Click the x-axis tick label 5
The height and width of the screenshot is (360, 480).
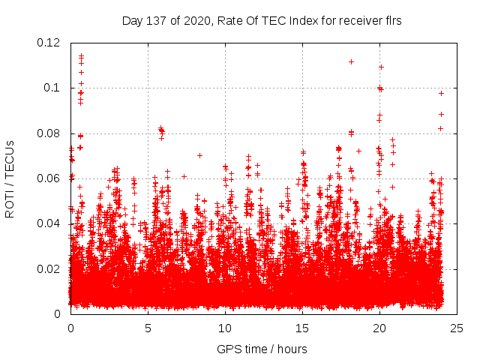pyautogui.click(x=148, y=328)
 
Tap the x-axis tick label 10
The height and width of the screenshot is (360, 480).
pyautogui.click(x=225, y=328)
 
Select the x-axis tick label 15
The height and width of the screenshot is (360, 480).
pyautogui.click(x=302, y=328)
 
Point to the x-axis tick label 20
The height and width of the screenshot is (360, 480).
pyautogui.click(x=379, y=328)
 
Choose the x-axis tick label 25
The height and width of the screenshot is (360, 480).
pyautogui.click(x=457, y=328)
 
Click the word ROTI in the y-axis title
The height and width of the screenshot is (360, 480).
pyautogui.click(x=10, y=203)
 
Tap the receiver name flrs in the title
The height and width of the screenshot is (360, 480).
pyautogui.click(x=392, y=21)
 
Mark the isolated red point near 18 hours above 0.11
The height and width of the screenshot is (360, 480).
pyautogui.click(x=351, y=61)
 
